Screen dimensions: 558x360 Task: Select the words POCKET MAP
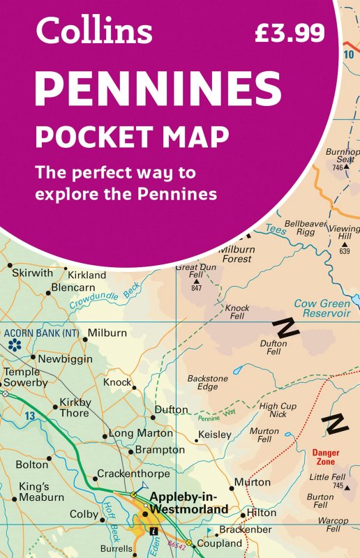[x=133, y=137]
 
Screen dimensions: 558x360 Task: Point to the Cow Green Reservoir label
[x=322, y=308]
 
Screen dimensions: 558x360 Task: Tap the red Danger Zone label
[x=325, y=457]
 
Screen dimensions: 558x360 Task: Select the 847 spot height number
[x=196, y=288]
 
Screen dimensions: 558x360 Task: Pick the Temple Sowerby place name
[x=26, y=377]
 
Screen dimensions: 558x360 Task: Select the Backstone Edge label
[x=207, y=382]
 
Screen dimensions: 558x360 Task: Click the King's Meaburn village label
[x=41, y=491]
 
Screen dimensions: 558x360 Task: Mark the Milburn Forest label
[x=236, y=254]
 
